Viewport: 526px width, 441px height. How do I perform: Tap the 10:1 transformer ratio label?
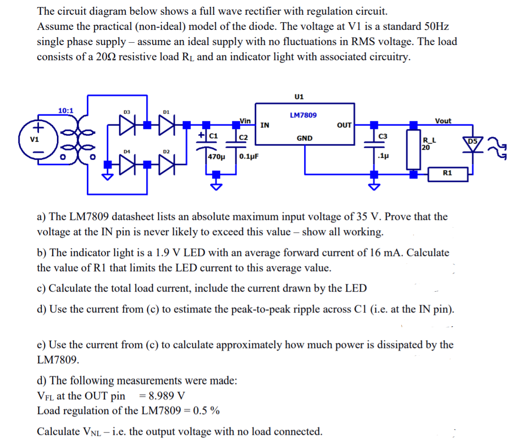[x=65, y=110]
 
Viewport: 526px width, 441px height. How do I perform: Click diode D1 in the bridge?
[x=166, y=125]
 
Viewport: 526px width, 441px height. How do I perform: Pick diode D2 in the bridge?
[x=166, y=166]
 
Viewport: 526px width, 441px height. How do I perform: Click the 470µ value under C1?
[x=217, y=156]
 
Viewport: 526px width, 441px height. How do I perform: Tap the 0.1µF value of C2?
[x=249, y=156]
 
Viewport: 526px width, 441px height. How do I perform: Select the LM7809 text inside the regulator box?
[x=304, y=115]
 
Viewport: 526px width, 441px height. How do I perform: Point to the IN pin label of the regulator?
[x=266, y=125]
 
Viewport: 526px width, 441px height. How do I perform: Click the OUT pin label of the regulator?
[x=344, y=125]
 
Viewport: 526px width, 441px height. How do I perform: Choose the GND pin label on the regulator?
[x=304, y=138]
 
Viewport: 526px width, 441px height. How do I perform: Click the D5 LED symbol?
[x=473, y=143]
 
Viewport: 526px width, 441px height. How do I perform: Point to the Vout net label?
[x=443, y=121]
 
